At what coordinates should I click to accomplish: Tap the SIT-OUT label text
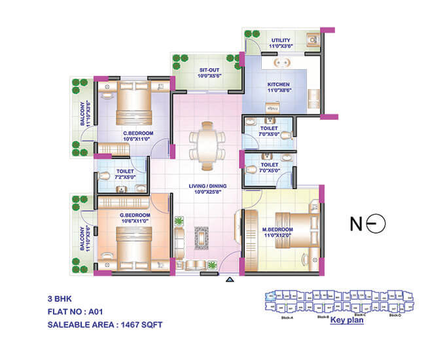(x=209, y=70)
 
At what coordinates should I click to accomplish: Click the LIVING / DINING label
(x=207, y=189)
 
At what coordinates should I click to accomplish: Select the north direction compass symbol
(x=369, y=224)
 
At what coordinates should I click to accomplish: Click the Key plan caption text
(x=346, y=321)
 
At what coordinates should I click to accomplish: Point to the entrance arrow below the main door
(x=229, y=280)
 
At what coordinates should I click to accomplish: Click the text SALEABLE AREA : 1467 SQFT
(x=105, y=324)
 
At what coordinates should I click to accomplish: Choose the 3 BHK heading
(x=58, y=300)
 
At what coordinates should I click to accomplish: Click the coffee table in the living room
(x=200, y=239)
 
